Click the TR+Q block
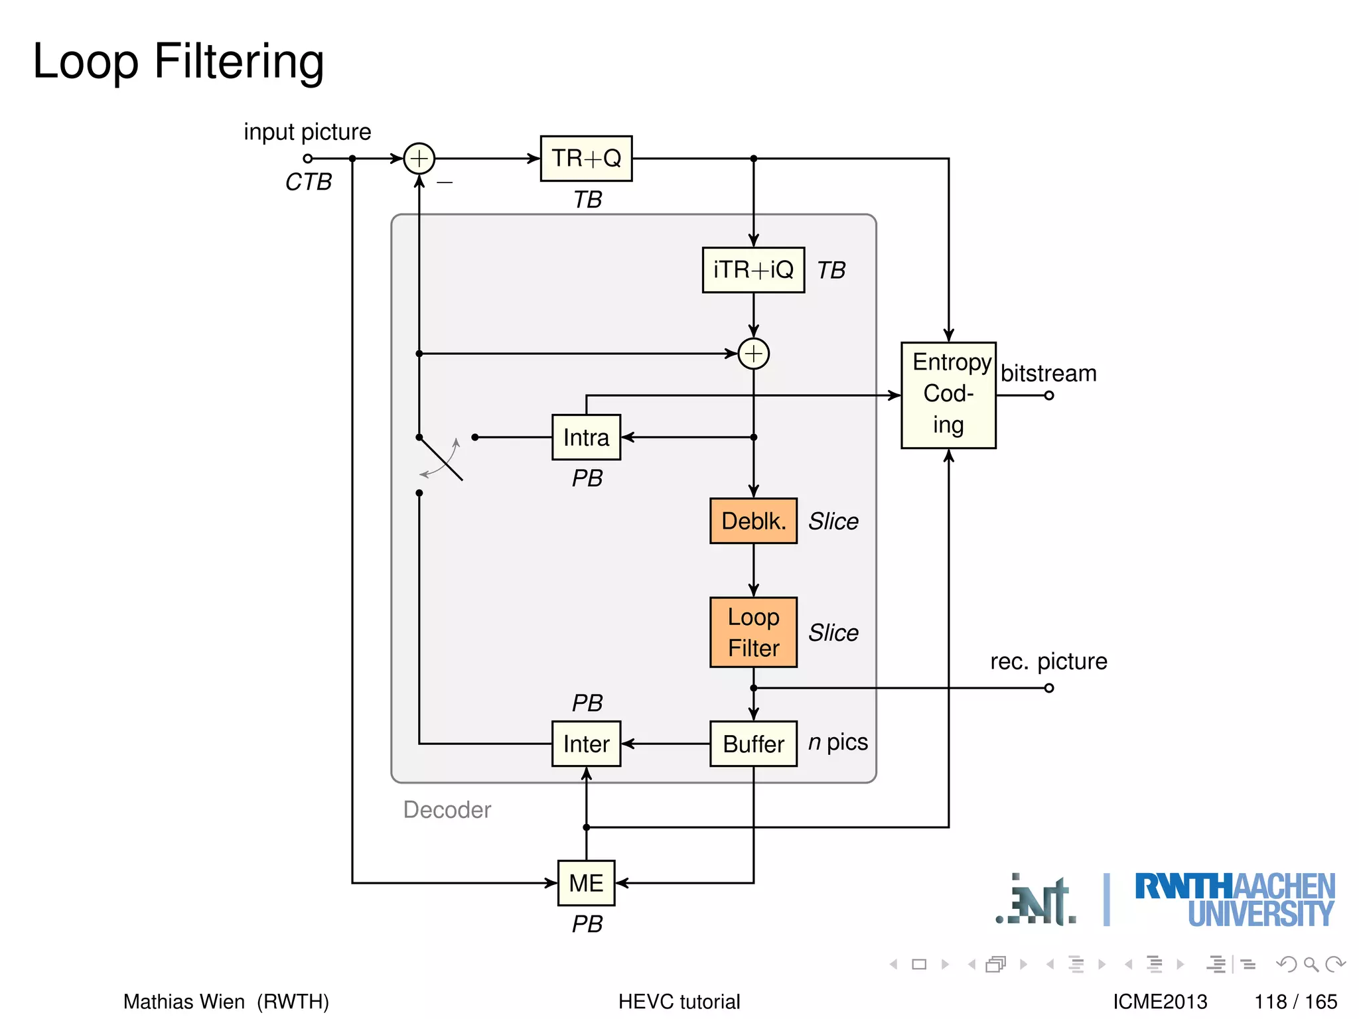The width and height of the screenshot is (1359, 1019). point(586,159)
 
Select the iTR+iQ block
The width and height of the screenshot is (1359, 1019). point(753,270)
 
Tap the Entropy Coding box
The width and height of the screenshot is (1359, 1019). point(948,395)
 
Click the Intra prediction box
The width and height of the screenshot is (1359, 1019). point(586,437)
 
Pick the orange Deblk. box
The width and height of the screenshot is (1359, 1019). point(753,521)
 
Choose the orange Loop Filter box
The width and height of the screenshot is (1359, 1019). point(753,632)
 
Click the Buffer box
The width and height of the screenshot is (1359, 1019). point(753,744)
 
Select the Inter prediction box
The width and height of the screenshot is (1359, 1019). point(586,744)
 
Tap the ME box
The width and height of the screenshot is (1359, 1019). point(586,883)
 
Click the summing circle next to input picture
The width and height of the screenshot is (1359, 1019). point(419,159)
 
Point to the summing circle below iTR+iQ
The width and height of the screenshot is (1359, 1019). point(753,354)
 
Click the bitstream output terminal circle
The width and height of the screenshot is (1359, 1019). point(1048,395)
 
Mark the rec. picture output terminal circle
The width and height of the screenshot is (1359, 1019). point(1048,688)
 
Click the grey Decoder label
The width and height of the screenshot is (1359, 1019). point(447,809)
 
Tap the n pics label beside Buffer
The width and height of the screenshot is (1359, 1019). point(837,742)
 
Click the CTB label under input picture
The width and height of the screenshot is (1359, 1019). point(309,182)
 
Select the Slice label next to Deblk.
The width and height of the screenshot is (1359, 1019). point(833,521)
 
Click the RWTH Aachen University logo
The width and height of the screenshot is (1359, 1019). point(1234,900)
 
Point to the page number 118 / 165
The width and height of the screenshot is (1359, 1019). point(1295,1001)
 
